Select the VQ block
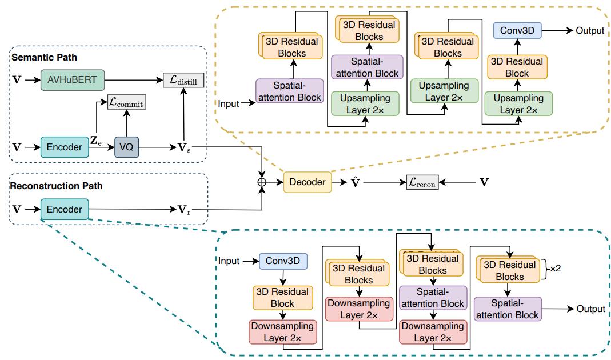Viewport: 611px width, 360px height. (x=126, y=147)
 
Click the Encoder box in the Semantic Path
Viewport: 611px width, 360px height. (x=65, y=147)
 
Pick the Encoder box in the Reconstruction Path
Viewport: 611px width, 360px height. (x=65, y=210)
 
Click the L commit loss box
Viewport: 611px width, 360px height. (x=126, y=103)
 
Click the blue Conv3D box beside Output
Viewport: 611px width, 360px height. (x=517, y=30)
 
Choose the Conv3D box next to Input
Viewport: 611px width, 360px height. (x=283, y=261)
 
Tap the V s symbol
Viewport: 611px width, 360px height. (x=183, y=147)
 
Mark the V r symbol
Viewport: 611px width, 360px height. (x=183, y=210)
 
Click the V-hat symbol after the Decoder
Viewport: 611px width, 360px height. (x=355, y=182)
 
